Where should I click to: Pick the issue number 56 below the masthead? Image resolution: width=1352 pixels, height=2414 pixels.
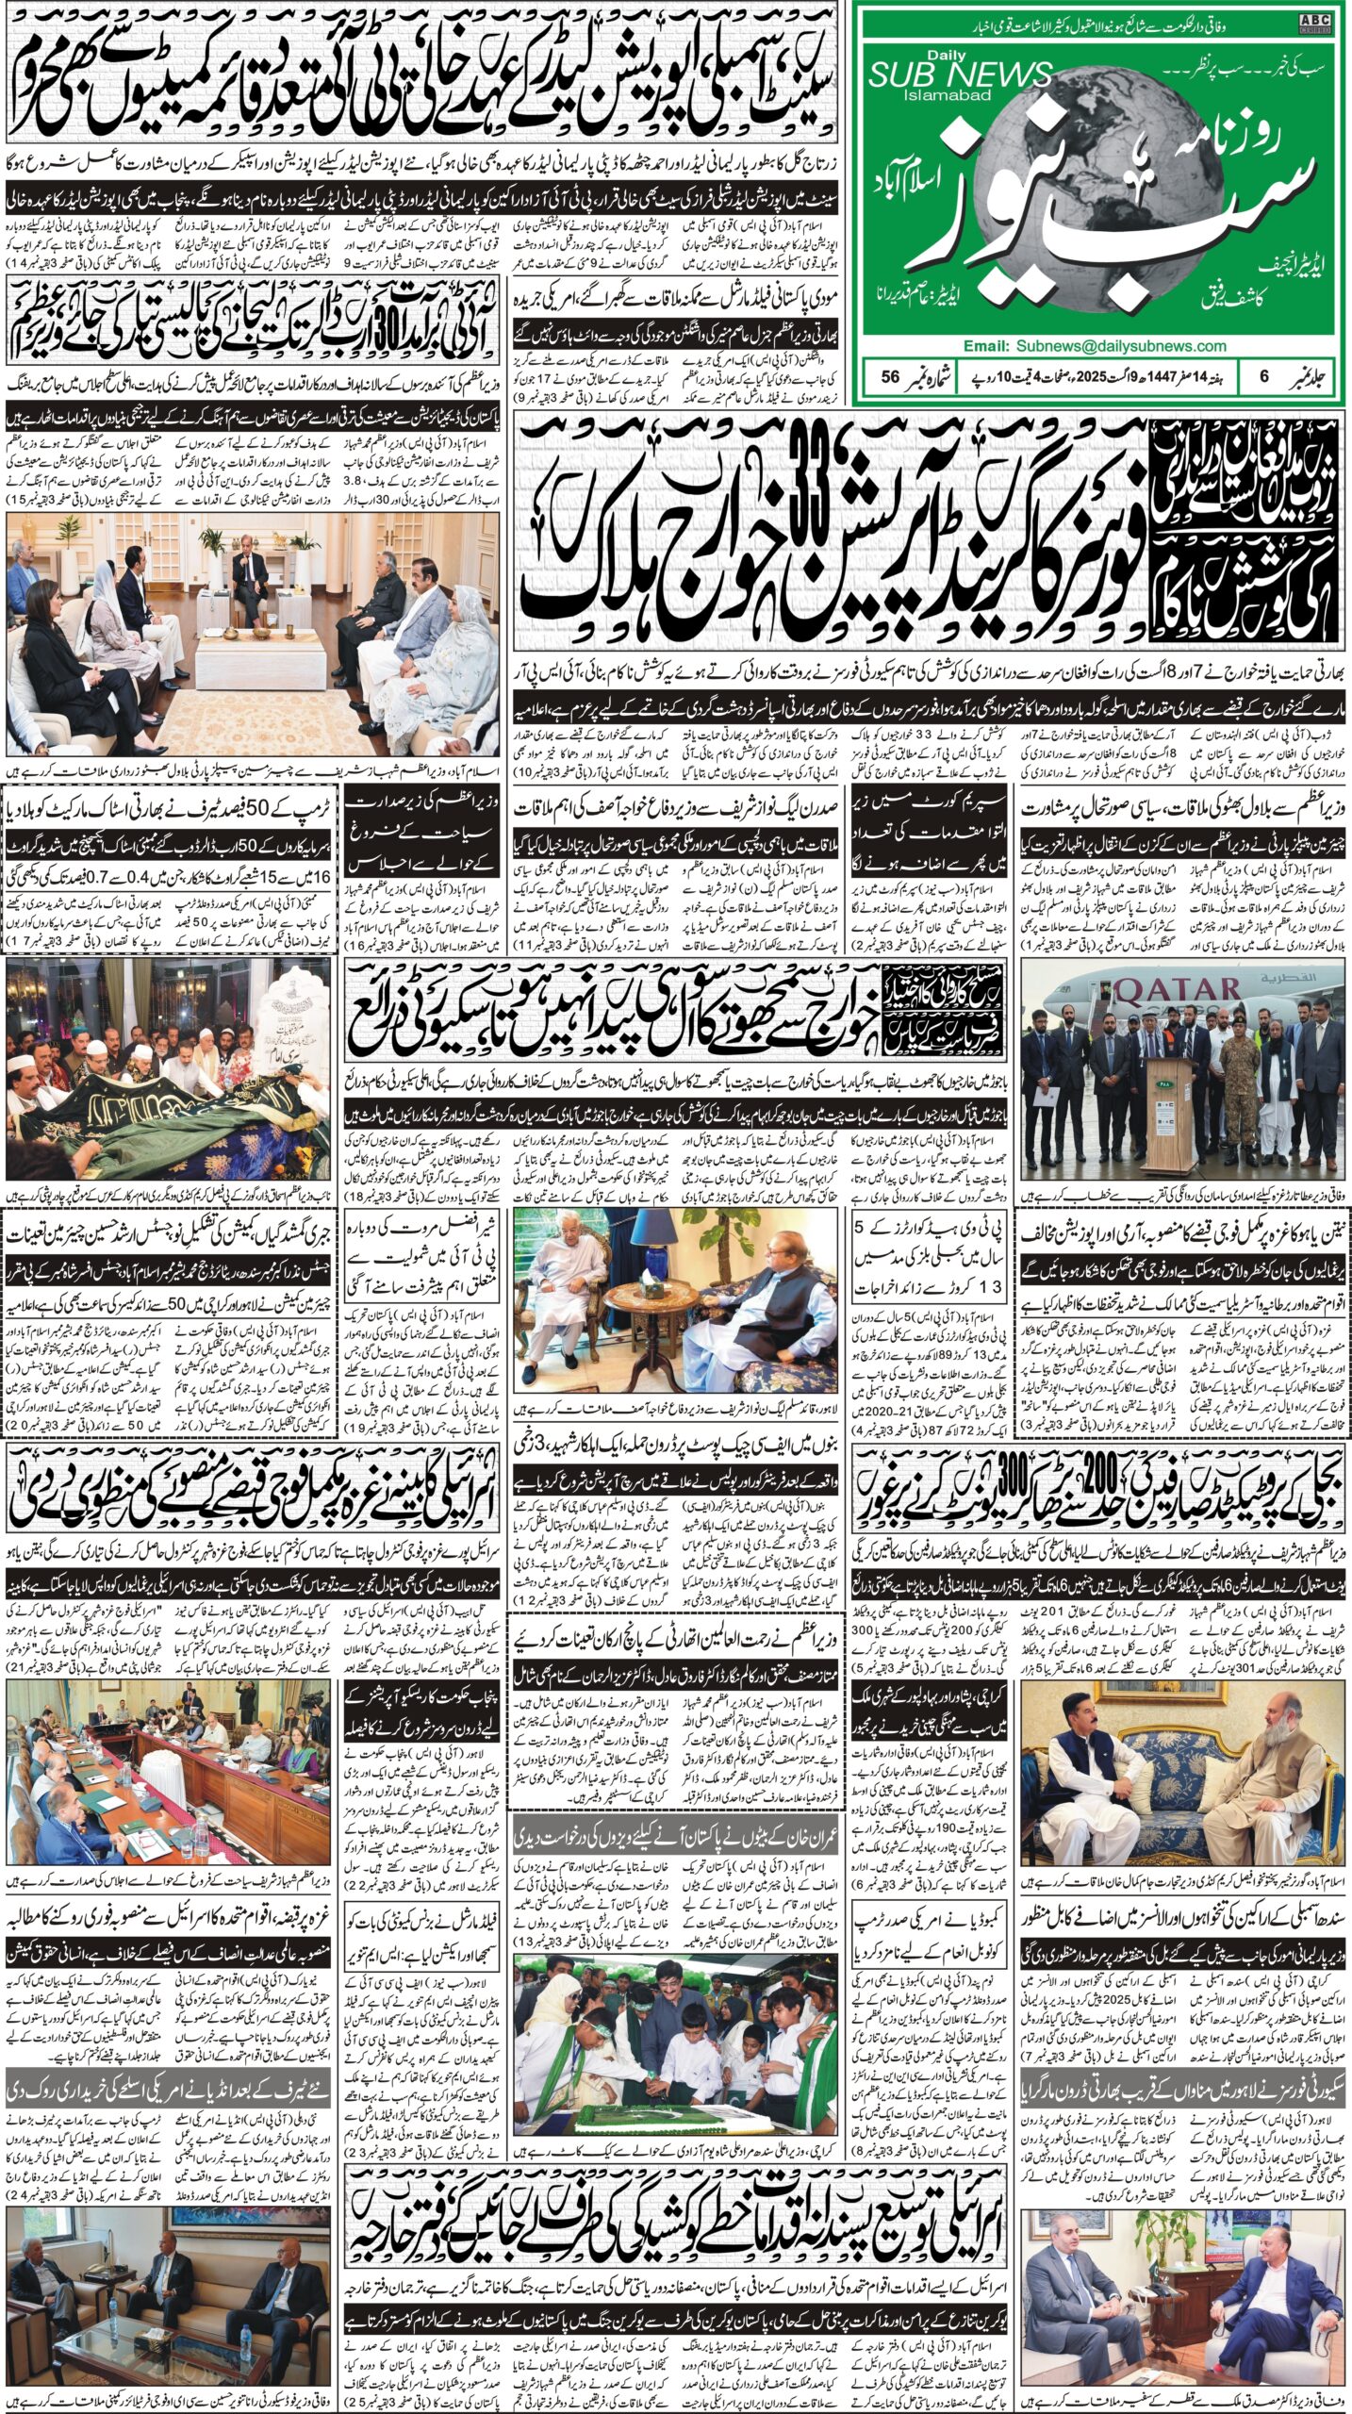pos(886,376)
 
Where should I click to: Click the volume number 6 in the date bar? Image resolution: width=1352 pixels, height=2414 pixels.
pos(1263,376)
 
